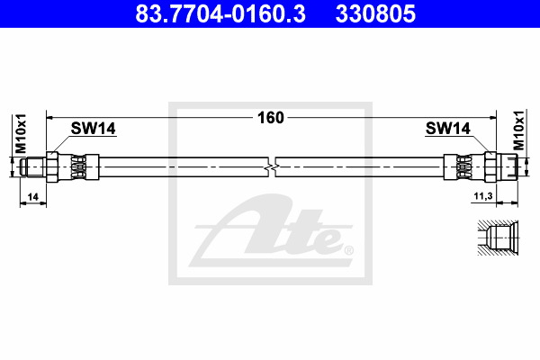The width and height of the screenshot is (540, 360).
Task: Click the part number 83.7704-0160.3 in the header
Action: click(x=220, y=13)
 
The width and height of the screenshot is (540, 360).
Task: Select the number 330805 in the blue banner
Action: click(x=375, y=13)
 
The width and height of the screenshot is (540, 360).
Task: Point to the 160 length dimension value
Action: click(x=271, y=118)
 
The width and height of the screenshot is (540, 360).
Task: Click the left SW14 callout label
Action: click(x=94, y=129)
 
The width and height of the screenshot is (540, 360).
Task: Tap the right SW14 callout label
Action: click(x=447, y=129)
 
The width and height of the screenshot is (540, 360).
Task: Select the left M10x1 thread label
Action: click(x=21, y=133)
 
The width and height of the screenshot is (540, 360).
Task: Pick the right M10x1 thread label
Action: click(x=518, y=130)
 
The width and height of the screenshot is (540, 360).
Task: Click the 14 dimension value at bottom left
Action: click(x=32, y=197)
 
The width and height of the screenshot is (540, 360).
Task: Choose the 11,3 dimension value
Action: click(x=483, y=196)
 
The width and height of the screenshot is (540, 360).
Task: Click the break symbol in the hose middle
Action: click(x=272, y=167)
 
